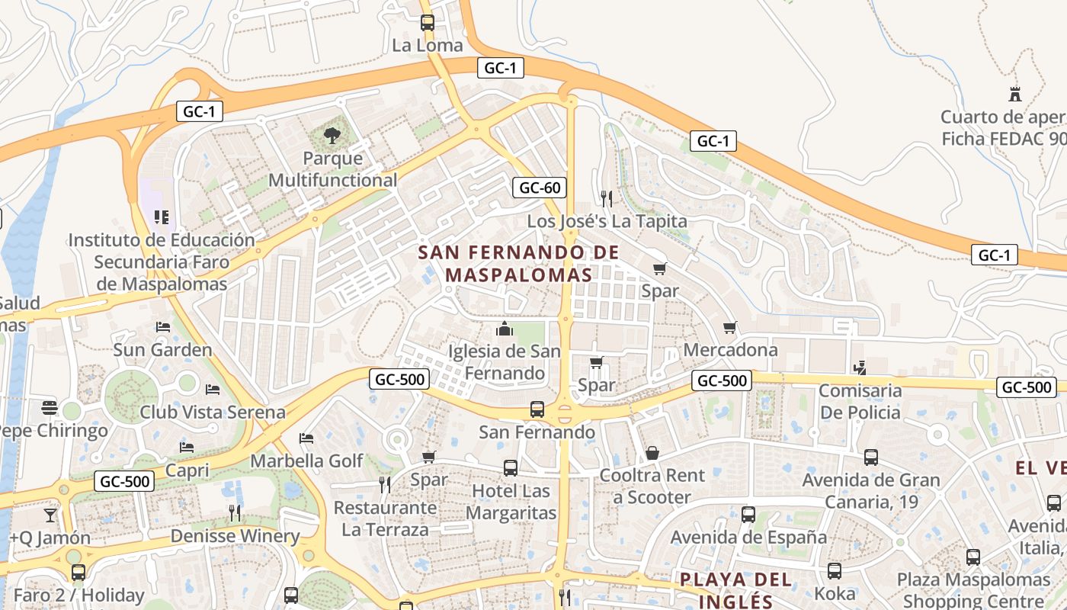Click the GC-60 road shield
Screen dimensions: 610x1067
539,188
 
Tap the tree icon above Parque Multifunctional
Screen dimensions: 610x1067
332,136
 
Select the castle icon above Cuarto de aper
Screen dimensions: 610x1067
1014,95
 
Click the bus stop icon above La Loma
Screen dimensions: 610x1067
428,23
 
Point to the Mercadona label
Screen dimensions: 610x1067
731,350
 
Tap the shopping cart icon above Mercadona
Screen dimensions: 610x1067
730,328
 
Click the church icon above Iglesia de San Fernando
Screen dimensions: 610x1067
504,329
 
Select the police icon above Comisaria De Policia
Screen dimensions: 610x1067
860,368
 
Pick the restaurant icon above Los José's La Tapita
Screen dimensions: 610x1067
607,199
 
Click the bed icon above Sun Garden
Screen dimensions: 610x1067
162,327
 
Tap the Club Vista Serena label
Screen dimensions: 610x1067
213,413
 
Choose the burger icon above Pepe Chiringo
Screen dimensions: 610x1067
50,407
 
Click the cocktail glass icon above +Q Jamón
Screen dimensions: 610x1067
50,515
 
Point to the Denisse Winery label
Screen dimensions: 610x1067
235,536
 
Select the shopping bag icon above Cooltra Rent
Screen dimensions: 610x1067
652,453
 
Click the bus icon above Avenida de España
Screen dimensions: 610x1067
748,515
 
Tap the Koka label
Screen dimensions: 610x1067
835,593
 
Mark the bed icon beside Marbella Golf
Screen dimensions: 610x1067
306,438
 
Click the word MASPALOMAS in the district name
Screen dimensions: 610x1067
519,274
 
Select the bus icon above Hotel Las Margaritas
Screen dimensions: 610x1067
510,468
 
